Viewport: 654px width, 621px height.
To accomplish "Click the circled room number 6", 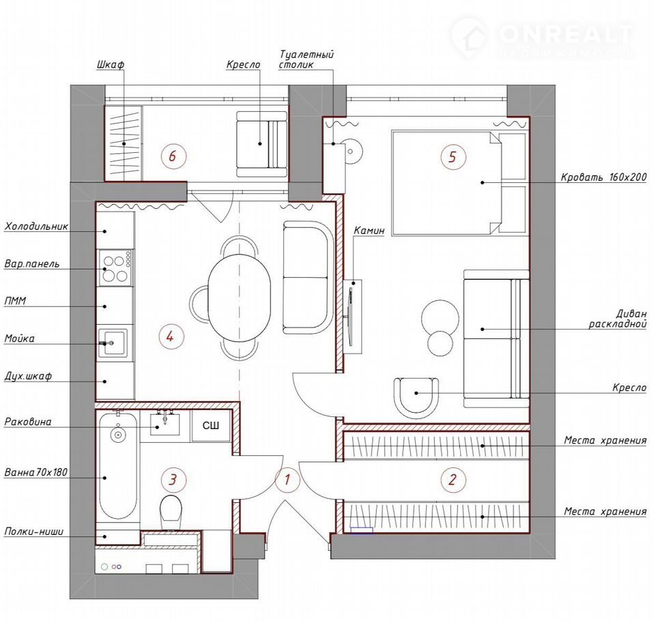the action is pyautogui.click(x=172, y=156).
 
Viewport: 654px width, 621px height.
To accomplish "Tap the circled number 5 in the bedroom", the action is pyautogui.click(x=453, y=157).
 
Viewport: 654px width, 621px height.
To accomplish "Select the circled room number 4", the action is pyautogui.click(x=170, y=336).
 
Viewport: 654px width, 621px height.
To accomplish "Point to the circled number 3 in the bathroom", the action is pyautogui.click(x=173, y=480).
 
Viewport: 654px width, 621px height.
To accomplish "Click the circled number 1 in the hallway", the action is pyautogui.click(x=287, y=480).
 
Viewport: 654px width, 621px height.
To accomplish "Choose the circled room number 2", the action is pyautogui.click(x=453, y=480).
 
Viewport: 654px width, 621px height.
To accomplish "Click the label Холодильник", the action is pyautogui.click(x=36, y=227).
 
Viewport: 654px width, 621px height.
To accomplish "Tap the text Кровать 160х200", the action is pyautogui.click(x=603, y=177).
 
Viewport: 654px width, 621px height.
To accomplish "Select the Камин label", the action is pyautogui.click(x=369, y=231).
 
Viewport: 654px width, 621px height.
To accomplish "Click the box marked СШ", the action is pyautogui.click(x=211, y=426).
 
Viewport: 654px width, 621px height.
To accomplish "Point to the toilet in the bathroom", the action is pyautogui.click(x=171, y=512).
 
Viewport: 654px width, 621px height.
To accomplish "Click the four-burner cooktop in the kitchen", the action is pyautogui.click(x=115, y=268).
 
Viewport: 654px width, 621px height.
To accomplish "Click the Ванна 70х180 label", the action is pyautogui.click(x=36, y=472).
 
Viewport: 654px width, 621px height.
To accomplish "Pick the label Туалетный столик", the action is pyautogui.click(x=306, y=59).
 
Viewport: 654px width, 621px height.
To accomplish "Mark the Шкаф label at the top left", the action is pyautogui.click(x=111, y=65).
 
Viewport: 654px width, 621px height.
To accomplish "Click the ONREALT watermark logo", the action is pyautogui.click(x=542, y=37).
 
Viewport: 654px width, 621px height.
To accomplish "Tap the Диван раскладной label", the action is pyautogui.click(x=618, y=319).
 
